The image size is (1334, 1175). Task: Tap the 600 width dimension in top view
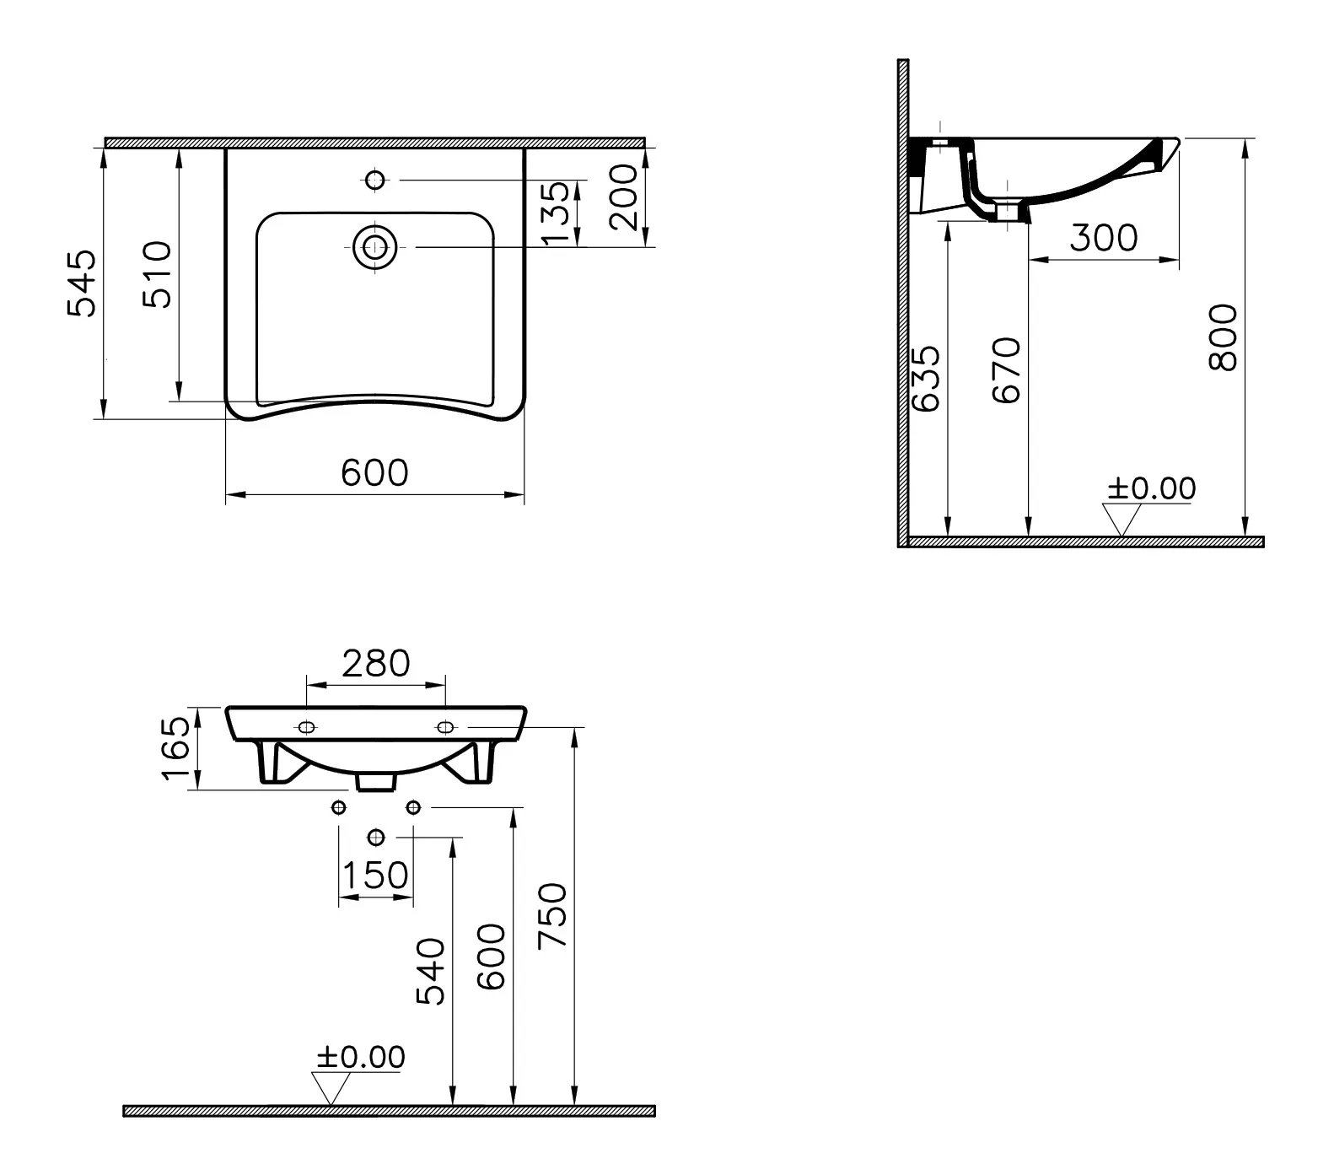tap(374, 473)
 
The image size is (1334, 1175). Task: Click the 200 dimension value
tap(624, 197)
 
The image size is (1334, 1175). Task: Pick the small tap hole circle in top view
tap(375, 180)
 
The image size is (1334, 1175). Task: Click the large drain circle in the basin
tap(375, 246)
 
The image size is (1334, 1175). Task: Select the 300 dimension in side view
tap(1103, 239)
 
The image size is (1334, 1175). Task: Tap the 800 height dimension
tap(1223, 337)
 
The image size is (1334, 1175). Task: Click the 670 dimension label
tap(1007, 370)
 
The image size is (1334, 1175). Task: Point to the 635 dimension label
tap(926, 379)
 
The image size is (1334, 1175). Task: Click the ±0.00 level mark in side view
tap(1151, 488)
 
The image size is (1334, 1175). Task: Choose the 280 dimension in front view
tap(375, 664)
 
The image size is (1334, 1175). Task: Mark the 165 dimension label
tap(176, 749)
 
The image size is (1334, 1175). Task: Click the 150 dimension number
tap(375, 875)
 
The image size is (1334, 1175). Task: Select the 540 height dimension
tap(431, 971)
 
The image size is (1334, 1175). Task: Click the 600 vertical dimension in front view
tap(492, 957)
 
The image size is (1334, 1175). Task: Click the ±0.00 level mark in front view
tap(360, 1057)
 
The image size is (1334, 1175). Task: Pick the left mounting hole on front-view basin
tap(306, 726)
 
